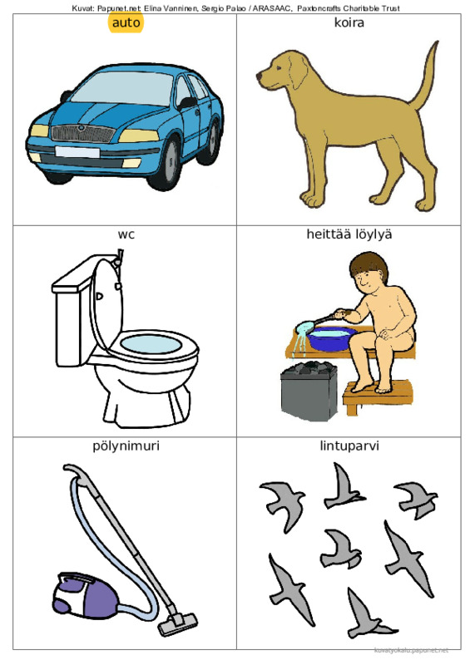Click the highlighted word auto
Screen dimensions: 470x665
tap(126, 22)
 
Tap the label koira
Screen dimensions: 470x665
tap(349, 22)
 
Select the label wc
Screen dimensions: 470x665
tap(126, 234)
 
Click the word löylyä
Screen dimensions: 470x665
tap(367, 234)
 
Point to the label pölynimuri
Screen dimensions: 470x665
tap(126, 446)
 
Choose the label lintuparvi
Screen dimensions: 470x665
tap(349, 446)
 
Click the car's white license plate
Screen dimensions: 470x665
tap(77, 152)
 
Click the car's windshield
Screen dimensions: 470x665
tap(123, 88)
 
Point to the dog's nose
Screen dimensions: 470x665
tap(259, 76)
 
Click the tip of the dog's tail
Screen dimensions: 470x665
tap(437, 42)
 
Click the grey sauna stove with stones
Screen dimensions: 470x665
tap(309, 391)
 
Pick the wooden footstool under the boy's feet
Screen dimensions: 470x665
tap(377, 397)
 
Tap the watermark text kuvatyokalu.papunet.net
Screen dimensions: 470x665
tap(412, 650)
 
